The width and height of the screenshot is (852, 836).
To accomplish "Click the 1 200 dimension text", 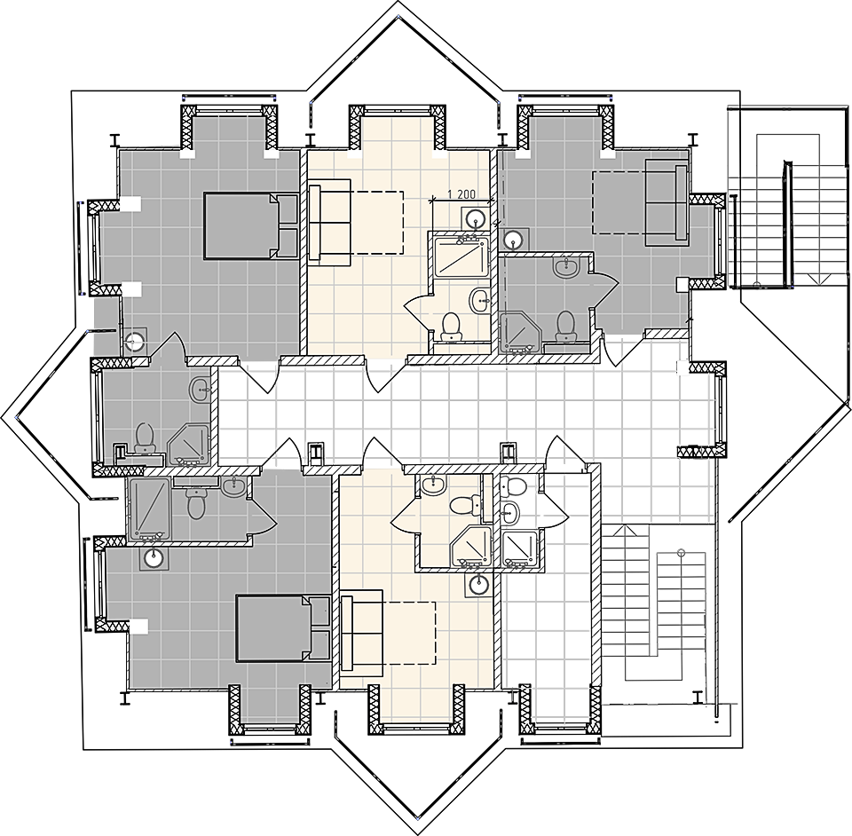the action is coord(461,193).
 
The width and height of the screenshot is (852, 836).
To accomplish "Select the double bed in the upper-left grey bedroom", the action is coord(251,225).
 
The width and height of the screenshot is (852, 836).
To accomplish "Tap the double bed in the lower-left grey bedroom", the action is coord(283,628).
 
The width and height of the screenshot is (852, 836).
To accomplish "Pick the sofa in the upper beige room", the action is coord(329,222).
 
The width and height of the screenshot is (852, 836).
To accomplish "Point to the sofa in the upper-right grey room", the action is coord(667,202).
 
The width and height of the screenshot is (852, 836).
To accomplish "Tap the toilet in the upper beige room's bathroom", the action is coord(451,327).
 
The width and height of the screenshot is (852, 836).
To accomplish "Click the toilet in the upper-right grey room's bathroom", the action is coord(565,327).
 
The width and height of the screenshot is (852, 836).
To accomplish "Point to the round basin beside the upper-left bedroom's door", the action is coord(134,341).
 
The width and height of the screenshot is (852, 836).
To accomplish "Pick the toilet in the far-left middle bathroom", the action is coord(145,438).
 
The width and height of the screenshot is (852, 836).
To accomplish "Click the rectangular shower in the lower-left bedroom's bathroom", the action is coord(148,509).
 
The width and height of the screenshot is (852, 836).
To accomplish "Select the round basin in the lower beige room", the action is coord(478,585).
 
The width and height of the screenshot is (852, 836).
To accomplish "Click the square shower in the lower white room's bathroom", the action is coord(520,549).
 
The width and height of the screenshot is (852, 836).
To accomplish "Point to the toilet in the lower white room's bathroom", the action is coord(512,485).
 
